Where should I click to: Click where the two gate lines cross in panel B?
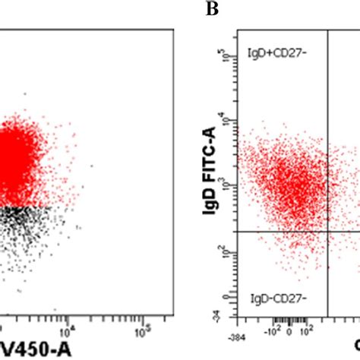pyautogui.click(x=327, y=231)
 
